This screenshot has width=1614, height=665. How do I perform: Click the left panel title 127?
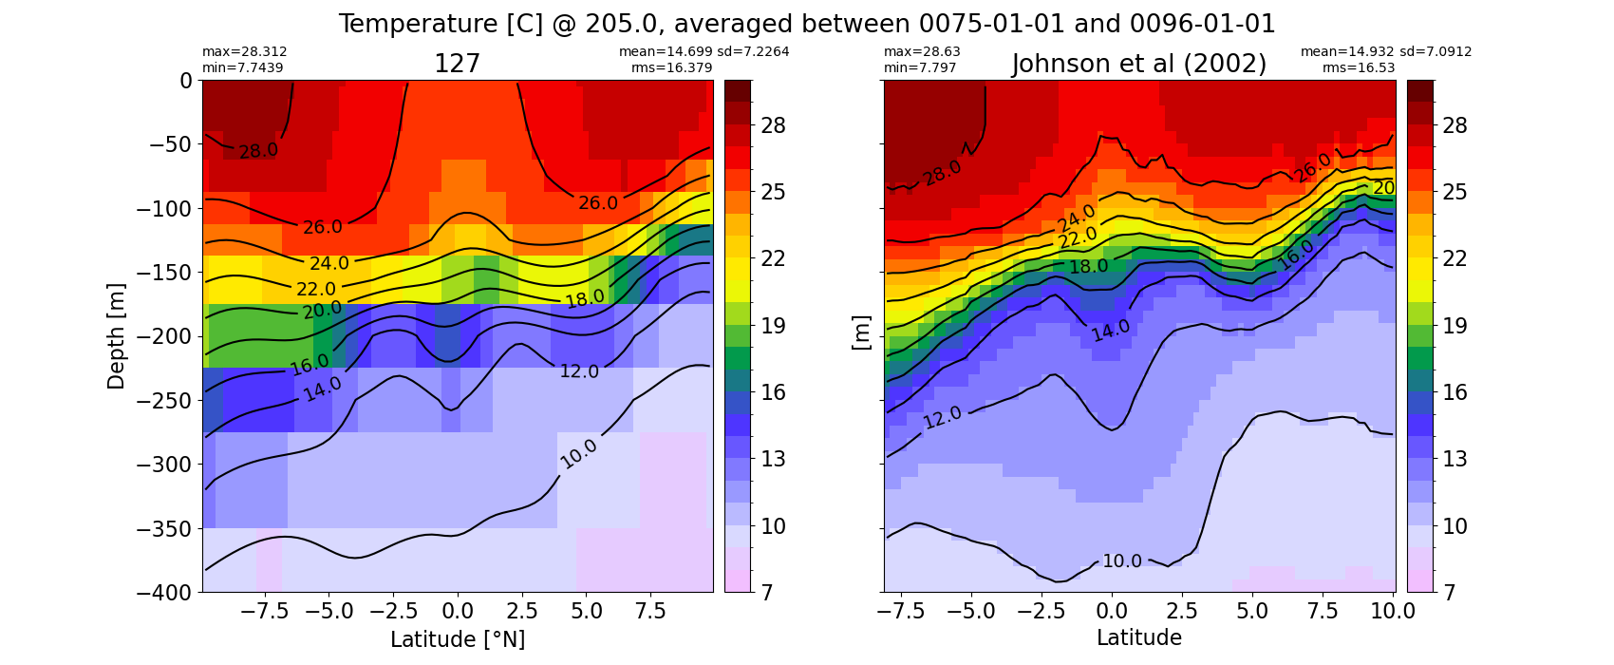tap(457, 65)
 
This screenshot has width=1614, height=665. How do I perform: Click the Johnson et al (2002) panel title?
tap(1139, 65)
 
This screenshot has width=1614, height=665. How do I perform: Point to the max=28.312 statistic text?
tap(244, 52)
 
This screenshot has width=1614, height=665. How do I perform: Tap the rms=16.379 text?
tap(671, 67)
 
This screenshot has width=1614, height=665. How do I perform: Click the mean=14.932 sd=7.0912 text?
tap(1385, 52)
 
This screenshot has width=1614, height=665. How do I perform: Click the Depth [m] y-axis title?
tap(116, 336)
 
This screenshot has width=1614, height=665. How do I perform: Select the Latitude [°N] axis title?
tap(458, 639)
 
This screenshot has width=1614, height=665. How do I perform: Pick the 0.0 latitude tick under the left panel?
tap(458, 612)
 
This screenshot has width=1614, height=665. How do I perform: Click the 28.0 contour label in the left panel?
tap(258, 151)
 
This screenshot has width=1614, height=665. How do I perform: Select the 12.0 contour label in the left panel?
tap(579, 371)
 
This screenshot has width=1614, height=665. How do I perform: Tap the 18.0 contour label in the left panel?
tap(585, 298)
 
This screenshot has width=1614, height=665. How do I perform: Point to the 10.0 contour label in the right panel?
tap(1122, 560)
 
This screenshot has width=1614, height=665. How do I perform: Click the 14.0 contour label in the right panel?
tap(1111, 331)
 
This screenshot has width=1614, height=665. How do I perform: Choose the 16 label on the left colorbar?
tap(773, 392)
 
